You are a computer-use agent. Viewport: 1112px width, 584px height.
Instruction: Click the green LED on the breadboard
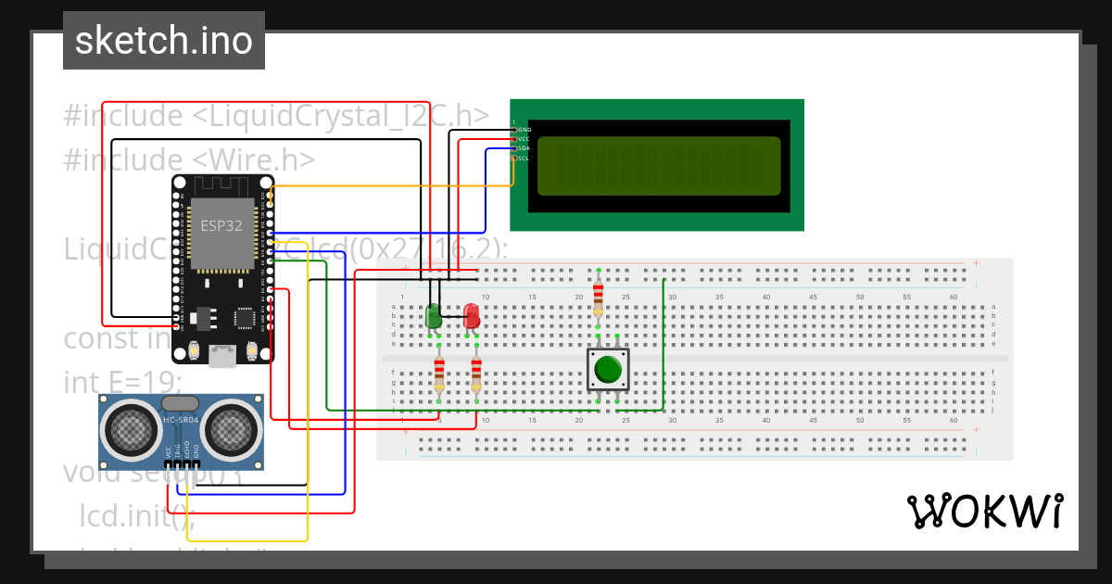click(x=433, y=315)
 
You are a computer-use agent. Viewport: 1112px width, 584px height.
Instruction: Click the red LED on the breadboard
click(x=472, y=315)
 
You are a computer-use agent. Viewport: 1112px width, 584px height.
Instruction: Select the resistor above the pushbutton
click(x=598, y=295)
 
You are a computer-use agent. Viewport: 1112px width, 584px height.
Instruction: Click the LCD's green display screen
click(x=658, y=166)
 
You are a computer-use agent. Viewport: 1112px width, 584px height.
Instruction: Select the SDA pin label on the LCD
click(x=523, y=148)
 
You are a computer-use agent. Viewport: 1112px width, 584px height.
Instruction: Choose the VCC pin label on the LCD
click(x=523, y=139)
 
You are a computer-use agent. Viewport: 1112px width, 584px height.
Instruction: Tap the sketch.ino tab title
click(x=164, y=41)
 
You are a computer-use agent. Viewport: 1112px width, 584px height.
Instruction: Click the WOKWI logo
click(x=984, y=511)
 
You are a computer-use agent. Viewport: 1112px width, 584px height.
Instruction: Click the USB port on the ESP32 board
click(x=221, y=357)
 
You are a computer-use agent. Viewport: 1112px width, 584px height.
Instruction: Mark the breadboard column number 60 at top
click(x=954, y=297)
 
